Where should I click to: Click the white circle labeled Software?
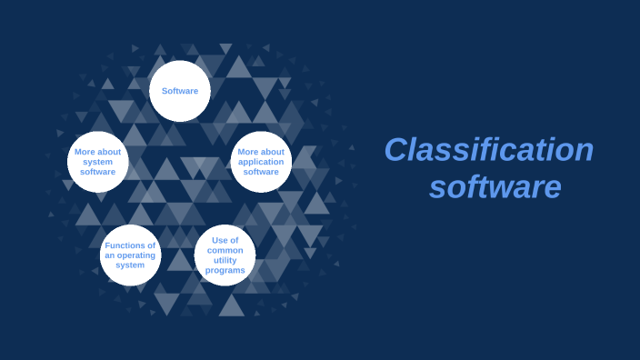point(180,91)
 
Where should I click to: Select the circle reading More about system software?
point(97,162)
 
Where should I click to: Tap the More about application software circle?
point(261,162)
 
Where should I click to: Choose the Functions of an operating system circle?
point(130,255)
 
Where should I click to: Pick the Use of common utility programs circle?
point(225,255)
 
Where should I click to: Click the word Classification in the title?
point(488,150)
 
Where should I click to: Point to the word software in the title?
point(495,187)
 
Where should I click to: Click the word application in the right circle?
point(261,162)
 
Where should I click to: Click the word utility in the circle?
point(225,260)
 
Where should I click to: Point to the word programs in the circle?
point(225,270)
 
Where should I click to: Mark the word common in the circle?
point(225,250)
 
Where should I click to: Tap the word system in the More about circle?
point(97,162)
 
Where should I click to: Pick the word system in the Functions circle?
point(130,265)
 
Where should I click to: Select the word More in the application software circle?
point(248,152)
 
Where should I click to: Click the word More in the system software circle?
point(85,152)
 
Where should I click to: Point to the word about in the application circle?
point(273,152)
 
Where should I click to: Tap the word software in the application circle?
point(261,172)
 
